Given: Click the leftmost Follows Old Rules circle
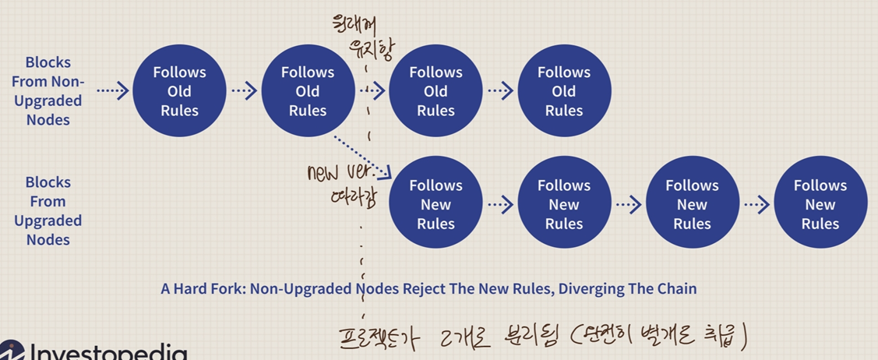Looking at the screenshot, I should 179,91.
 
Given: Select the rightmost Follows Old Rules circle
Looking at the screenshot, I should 564,91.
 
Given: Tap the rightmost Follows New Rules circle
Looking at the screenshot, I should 820,204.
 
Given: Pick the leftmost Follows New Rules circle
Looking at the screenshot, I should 435,204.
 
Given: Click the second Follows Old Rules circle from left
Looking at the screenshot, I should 308,91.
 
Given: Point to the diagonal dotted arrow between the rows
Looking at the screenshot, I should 361,154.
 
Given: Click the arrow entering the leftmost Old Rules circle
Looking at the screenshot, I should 113,91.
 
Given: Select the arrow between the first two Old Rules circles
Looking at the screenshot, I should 244,91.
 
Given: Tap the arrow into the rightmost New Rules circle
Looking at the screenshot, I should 756,204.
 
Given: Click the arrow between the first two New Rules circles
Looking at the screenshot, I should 500,204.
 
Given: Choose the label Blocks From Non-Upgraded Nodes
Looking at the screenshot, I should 48,91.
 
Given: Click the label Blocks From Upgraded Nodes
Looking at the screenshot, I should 48,210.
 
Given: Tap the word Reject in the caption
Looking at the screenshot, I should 428,289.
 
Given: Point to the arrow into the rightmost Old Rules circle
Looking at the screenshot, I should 500,91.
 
